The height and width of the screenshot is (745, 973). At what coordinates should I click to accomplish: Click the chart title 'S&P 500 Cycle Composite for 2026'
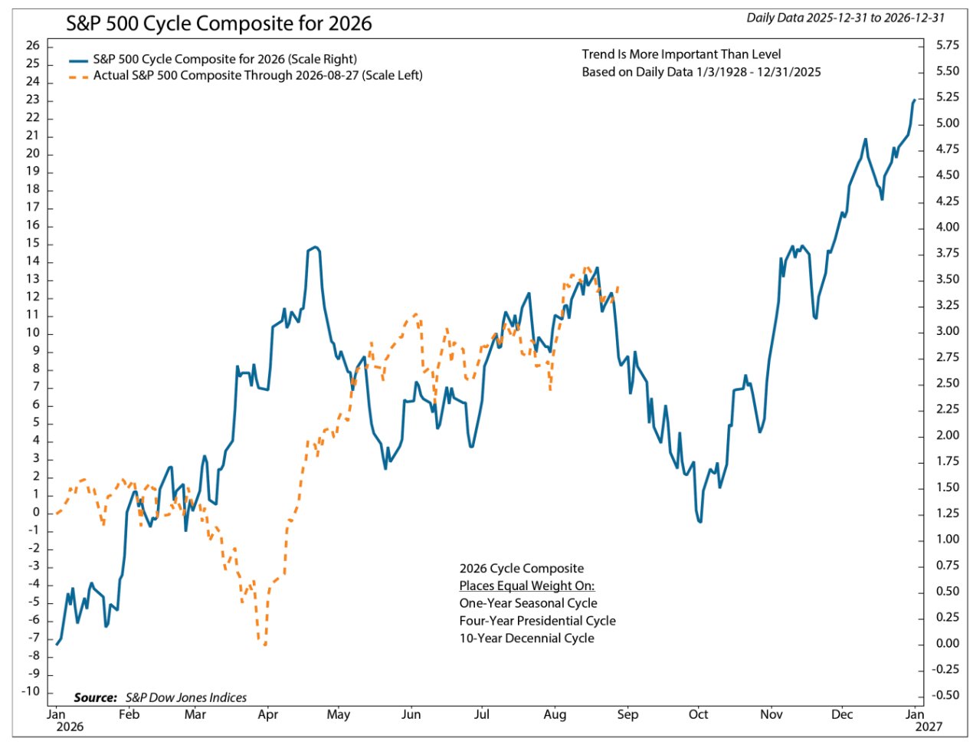[x=218, y=23]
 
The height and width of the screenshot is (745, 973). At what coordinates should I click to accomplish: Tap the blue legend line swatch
[x=79, y=60]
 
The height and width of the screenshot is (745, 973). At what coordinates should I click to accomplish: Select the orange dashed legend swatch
[x=79, y=77]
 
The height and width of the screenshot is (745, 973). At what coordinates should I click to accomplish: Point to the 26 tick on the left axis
[x=33, y=46]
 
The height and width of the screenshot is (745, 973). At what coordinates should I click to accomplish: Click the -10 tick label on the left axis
[x=30, y=691]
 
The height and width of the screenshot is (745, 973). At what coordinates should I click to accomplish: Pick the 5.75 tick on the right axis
[x=947, y=45]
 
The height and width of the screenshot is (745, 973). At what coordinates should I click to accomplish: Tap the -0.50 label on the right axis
[x=945, y=695]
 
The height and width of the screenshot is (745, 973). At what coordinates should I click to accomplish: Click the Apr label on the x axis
[x=267, y=714]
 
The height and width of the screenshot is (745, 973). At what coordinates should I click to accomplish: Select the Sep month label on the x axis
[x=627, y=714]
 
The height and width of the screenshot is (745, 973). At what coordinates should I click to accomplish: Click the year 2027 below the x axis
[x=929, y=727]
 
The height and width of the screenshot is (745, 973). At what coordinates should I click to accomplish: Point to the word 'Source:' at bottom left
[x=95, y=697]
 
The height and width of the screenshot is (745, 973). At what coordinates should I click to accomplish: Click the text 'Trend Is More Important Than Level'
[x=681, y=54]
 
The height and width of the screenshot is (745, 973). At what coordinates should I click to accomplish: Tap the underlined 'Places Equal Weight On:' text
[x=526, y=586]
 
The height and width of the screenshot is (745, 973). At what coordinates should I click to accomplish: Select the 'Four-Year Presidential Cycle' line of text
[x=537, y=620]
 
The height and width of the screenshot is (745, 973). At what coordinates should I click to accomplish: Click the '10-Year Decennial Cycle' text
[x=526, y=638]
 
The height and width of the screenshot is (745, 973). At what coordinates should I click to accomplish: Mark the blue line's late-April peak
[x=315, y=247]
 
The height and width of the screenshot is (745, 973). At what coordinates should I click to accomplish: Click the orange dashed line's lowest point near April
[x=264, y=644]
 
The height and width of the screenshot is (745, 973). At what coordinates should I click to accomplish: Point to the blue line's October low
[x=700, y=521]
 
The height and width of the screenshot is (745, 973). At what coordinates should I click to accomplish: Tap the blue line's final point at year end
[x=914, y=100]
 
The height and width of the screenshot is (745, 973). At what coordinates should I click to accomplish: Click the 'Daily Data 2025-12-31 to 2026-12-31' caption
[x=845, y=18]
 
